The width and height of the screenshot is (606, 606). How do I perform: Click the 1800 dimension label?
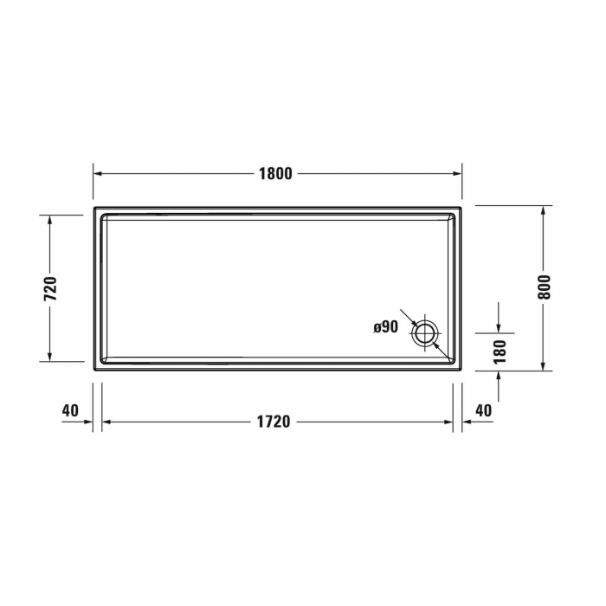(276, 173)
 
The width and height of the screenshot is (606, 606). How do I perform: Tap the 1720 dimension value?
(274, 422)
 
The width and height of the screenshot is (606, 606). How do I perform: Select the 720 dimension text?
(50, 287)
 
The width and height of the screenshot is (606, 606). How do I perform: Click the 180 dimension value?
(500, 350)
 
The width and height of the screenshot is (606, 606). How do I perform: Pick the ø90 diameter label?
(385, 326)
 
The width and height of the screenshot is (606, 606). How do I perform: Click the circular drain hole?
(426, 332)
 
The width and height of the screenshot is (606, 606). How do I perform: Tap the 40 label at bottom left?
(71, 409)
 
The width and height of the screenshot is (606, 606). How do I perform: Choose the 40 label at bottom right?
(483, 409)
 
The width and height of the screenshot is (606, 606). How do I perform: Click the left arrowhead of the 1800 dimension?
(98, 173)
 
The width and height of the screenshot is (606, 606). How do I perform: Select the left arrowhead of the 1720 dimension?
(106, 422)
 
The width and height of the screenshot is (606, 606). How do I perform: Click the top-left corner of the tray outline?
(93, 206)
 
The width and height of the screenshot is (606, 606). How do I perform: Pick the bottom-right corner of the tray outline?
(461, 370)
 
